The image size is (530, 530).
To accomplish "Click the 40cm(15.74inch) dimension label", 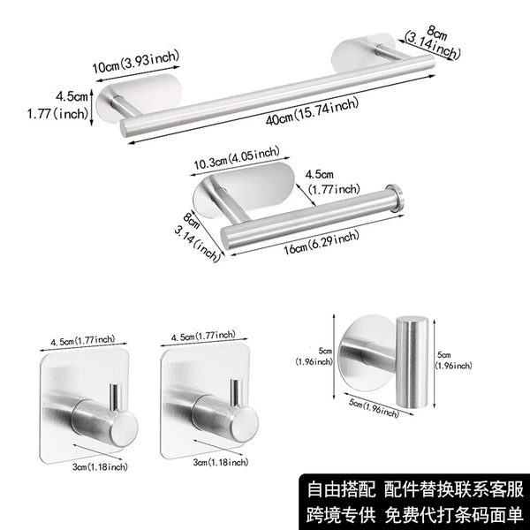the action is click(x=312, y=111).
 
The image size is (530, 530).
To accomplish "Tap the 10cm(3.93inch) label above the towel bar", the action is click(x=136, y=62).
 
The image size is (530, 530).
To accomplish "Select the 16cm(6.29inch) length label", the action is click(x=322, y=243).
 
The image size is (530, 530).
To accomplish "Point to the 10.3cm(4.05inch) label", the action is click(x=237, y=158).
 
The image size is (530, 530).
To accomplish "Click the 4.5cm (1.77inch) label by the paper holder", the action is click(x=333, y=182).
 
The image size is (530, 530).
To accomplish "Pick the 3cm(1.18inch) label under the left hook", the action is click(x=100, y=466).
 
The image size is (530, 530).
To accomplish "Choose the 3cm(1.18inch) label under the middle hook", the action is click(x=221, y=462).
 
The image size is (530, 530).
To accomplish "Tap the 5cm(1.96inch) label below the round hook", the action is click(x=374, y=408).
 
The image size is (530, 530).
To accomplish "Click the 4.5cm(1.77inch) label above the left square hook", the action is click(x=83, y=340).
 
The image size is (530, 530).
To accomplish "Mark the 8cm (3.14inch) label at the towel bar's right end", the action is click(x=434, y=42).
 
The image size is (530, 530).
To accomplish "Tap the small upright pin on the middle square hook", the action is click(x=236, y=391).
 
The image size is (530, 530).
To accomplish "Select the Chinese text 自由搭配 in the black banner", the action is click(x=341, y=489).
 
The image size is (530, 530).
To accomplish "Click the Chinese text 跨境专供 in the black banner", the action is click(x=341, y=515).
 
